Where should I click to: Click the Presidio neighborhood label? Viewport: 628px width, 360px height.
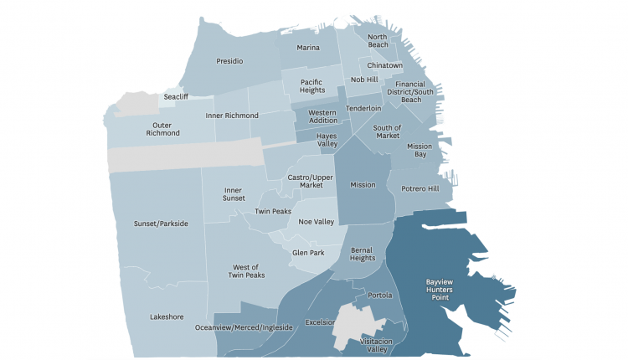coord(229,61)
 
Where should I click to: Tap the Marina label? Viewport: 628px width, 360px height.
coord(308,48)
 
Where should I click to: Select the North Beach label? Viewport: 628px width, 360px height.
coord(378,42)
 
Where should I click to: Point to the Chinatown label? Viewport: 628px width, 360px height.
coord(385,65)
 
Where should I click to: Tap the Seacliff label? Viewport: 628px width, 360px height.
coord(176,96)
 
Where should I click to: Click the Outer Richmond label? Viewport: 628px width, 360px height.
coord(162,128)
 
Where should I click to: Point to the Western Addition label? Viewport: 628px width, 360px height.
coord(322,116)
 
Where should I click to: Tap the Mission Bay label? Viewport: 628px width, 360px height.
coord(419,151)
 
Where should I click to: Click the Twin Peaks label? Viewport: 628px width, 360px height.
coord(273,212)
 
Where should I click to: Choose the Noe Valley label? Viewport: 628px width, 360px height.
coord(317,222)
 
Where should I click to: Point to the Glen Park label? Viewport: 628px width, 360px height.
coord(308,252)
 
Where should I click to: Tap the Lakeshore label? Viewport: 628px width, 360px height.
coord(167,317)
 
